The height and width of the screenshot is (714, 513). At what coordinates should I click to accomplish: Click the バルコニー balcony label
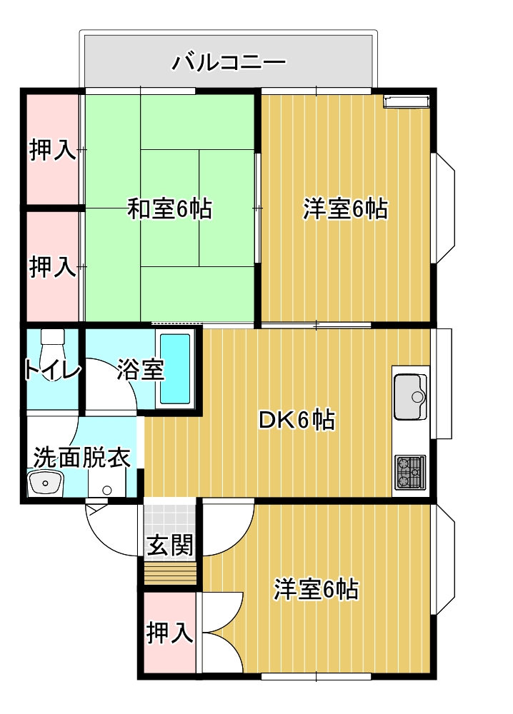tap(229, 62)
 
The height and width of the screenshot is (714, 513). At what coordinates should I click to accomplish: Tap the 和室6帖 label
tap(169, 209)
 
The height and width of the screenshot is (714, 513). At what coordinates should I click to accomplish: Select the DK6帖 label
tap(297, 420)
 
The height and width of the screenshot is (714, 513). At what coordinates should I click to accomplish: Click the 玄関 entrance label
tap(170, 545)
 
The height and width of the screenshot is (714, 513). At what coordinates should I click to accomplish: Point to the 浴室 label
tap(140, 369)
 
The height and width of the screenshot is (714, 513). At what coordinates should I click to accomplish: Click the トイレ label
tap(52, 370)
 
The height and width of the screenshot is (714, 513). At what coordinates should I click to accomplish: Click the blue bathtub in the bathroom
tap(175, 369)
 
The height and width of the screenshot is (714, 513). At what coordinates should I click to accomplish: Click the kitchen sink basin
tap(410, 396)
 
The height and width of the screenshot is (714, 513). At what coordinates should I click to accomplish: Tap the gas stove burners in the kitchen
tap(410, 472)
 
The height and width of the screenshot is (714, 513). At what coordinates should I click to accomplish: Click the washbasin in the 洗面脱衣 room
tap(45, 482)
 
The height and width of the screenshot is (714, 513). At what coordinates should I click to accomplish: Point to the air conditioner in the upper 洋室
tap(407, 101)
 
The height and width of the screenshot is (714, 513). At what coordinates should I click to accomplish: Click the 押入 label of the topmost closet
tap(52, 150)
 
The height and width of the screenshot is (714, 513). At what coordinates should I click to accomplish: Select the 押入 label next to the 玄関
tap(169, 633)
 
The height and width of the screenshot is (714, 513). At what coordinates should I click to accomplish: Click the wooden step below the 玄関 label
tap(170, 574)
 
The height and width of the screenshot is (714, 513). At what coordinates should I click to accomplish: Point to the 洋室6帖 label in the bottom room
tap(316, 589)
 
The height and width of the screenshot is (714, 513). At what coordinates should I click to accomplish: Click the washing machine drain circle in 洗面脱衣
tap(107, 491)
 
